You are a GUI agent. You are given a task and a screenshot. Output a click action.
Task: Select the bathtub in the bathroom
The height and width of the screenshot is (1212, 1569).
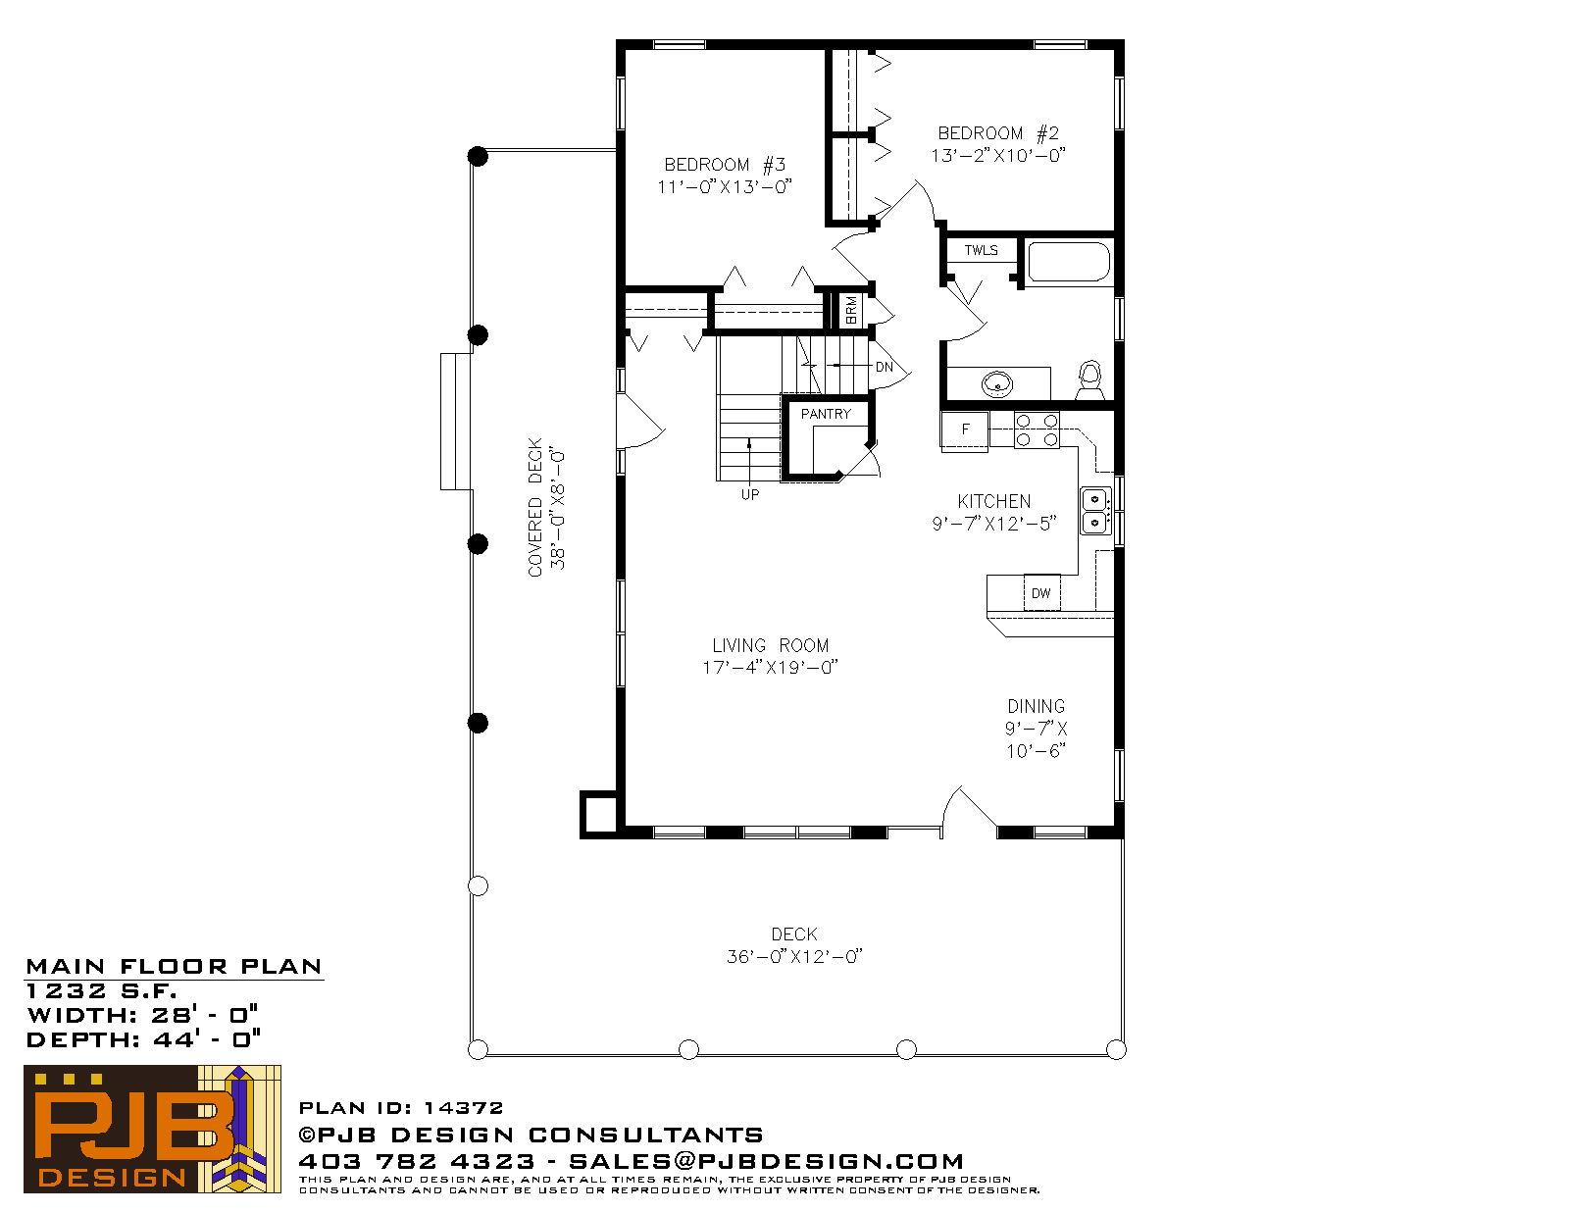(x=1069, y=261)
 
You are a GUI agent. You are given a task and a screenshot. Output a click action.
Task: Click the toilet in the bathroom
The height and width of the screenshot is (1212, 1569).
(x=1089, y=380)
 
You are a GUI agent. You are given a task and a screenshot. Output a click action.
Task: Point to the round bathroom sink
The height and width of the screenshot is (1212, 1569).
(x=997, y=384)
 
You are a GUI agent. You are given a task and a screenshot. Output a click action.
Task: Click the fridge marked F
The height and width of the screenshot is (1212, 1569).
(x=965, y=430)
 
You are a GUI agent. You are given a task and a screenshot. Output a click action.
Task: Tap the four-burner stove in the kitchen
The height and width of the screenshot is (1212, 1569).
(x=1037, y=430)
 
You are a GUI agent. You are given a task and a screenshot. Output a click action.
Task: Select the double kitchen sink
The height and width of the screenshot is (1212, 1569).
(x=1095, y=511)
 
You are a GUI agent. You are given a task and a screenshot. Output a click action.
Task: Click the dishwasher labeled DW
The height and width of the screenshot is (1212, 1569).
(x=1041, y=592)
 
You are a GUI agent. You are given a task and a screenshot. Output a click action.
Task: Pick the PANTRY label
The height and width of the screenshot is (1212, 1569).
(x=826, y=414)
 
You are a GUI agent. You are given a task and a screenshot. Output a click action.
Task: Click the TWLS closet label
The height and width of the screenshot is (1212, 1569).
(x=982, y=250)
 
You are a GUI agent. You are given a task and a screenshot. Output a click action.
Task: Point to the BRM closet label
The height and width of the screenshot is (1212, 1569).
(x=851, y=310)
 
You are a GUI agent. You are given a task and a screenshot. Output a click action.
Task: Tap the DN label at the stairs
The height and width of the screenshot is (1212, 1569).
(x=885, y=367)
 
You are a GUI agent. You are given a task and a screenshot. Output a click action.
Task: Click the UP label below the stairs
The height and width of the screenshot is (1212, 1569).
(x=750, y=494)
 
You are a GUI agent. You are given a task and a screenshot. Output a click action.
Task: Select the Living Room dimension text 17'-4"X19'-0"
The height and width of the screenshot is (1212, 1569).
(x=770, y=667)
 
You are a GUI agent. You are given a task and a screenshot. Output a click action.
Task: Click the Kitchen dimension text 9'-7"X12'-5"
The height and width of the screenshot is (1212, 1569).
(x=994, y=524)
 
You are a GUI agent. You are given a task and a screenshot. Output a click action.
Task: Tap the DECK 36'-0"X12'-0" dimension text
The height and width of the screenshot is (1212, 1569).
(x=794, y=956)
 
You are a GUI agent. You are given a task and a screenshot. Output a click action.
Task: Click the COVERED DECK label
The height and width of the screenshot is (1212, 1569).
(x=535, y=507)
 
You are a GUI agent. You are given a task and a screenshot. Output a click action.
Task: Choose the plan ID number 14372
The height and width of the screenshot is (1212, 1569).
(x=464, y=1107)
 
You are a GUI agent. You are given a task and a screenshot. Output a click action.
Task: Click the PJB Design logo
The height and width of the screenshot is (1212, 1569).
(x=152, y=1129)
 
